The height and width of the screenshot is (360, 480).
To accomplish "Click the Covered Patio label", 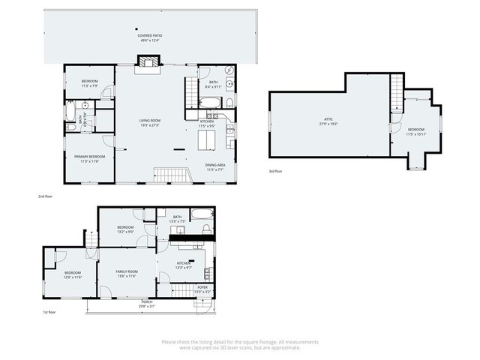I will coord(151,37).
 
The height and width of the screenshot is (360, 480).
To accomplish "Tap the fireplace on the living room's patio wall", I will coord(148,64).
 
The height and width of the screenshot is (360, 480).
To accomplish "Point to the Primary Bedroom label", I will coord(88,158).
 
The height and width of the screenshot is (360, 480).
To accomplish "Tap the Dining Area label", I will coord(217,167).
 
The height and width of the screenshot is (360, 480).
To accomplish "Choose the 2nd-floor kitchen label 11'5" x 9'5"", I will coord(207,123).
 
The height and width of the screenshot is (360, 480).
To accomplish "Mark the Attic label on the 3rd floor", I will coord(328,121).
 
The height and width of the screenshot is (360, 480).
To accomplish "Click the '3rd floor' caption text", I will coord(275,172).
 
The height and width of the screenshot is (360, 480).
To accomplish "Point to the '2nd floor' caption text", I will coord(45,196).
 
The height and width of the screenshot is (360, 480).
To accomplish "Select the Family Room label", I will coord(126,273).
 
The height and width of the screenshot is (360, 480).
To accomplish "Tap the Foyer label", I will coord(202,289).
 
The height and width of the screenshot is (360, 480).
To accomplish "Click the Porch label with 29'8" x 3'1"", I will coord(148,304).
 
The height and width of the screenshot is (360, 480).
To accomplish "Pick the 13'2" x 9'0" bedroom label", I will coord(124,229).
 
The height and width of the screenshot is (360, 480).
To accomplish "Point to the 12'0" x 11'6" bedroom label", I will coord(73,274).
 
